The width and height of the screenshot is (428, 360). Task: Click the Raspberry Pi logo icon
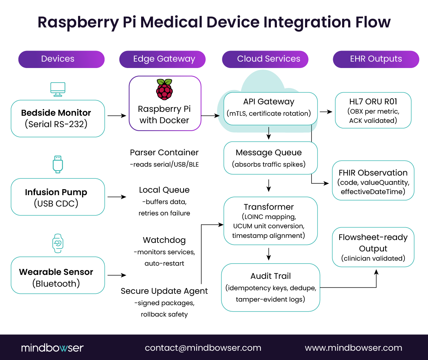[164, 89]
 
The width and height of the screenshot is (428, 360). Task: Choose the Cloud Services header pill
[265, 59]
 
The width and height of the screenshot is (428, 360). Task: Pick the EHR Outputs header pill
[376, 59]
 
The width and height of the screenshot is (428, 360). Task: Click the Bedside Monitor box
[58, 119]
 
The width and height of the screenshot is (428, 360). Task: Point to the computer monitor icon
[58, 89]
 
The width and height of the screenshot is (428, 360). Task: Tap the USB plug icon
[58, 164]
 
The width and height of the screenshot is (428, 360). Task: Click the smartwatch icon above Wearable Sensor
[58, 244]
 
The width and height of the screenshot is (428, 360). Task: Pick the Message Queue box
[270, 158]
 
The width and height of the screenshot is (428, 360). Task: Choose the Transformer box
[270, 221]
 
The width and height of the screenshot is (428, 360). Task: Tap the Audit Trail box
[270, 287]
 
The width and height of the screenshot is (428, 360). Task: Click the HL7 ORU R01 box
[373, 110]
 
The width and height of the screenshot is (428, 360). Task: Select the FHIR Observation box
[373, 181]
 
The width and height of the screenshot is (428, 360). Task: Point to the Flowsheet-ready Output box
[373, 247]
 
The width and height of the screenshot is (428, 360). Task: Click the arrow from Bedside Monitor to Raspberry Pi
[117, 116]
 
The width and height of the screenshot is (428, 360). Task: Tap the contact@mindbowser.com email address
[203, 348]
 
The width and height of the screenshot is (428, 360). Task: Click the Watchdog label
[164, 240]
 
